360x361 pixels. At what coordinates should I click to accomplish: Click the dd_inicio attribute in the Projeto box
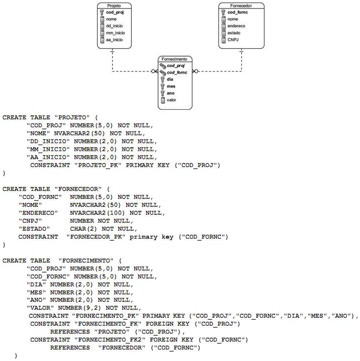[x=115, y=26]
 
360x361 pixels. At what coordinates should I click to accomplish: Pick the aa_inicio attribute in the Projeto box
[x=115, y=40]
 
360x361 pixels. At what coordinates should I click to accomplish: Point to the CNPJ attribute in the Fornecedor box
[x=233, y=40]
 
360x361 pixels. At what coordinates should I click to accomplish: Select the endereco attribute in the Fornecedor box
[x=236, y=26]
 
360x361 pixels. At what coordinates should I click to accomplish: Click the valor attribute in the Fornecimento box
[x=172, y=100]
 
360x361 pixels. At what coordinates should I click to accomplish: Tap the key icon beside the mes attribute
[x=162, y=86]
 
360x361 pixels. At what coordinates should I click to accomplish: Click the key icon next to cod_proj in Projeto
[x=101, y=12]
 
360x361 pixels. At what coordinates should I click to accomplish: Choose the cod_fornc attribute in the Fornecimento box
[x=177, y=73]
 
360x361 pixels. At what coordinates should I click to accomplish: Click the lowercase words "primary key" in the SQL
[x=152, y=237]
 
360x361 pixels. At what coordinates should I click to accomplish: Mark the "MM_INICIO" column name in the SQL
[x=48, y=149]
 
